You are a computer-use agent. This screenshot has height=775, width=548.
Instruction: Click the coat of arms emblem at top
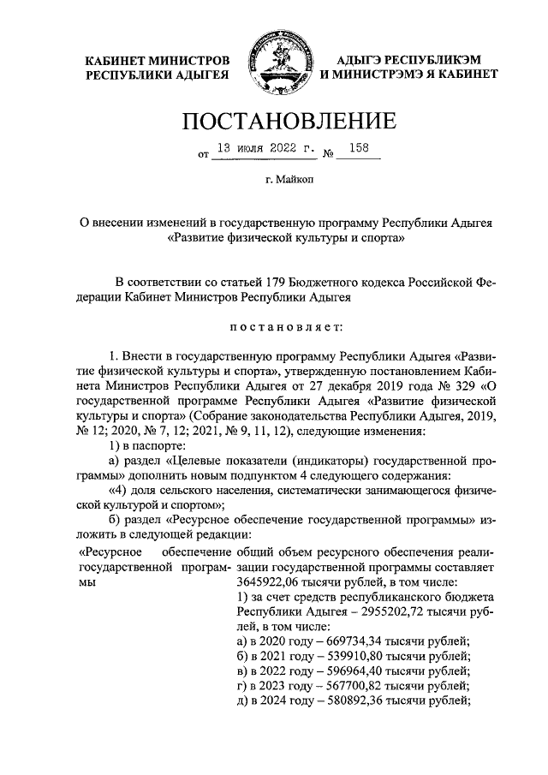tap(274, 63)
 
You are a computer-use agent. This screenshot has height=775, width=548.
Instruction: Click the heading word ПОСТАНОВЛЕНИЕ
tap(274, 120)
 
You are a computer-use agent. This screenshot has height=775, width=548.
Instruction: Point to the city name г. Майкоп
tap(274, 180)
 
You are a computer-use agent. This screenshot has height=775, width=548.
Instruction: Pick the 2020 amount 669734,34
tap(348, 642)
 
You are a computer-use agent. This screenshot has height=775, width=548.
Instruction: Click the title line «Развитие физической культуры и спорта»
tap(274, 240)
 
